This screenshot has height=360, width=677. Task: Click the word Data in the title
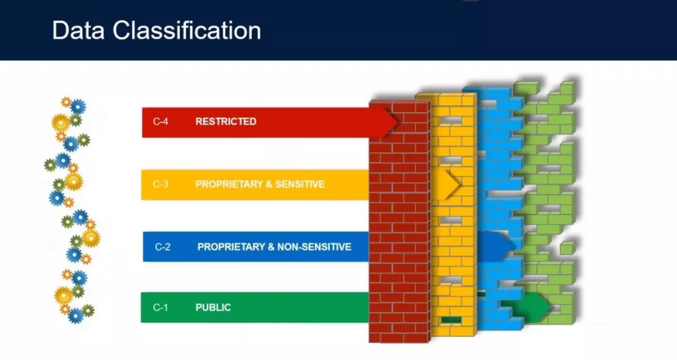(x=78, y=31)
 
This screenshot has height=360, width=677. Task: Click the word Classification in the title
(x=187, y=31)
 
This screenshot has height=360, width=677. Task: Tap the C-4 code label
(x=160, y=122)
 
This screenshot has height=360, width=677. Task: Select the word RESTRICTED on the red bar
(x=226, y=122)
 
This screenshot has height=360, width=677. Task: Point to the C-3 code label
(x=160, y=184)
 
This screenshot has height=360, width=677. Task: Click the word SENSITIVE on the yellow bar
(x=300, y=184)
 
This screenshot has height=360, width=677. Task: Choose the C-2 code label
(x=162, y=246)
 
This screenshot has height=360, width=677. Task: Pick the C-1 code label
(x=160, y=307)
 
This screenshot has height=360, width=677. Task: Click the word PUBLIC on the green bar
(x=213, y=307)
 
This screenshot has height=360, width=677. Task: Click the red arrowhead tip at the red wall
(x=397, y=122)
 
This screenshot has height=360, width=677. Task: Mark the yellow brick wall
(x=453, y=214)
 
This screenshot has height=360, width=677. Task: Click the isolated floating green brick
(x=567, y=248)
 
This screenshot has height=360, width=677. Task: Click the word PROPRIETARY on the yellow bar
(x=228, y=184)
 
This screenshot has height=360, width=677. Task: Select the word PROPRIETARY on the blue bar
(x=230, y=246)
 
